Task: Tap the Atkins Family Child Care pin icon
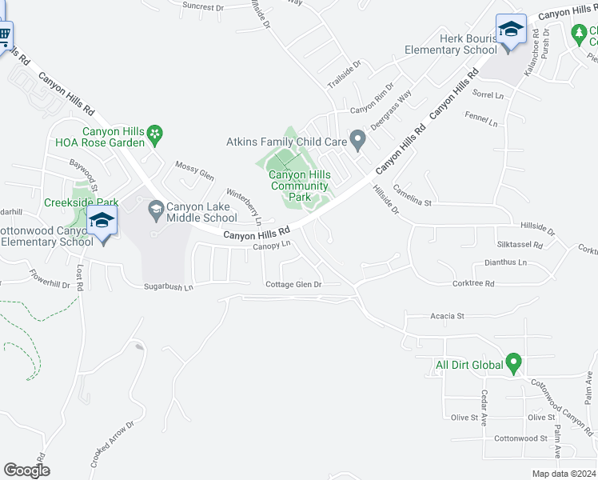click(358, 142)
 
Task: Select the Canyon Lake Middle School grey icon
click(155, 212)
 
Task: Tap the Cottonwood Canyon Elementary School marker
click(102, 221)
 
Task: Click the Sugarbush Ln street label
click(169, 286)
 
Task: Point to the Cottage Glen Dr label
click(293, 284)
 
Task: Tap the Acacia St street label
click(448, 316)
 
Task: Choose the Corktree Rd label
click(473, 282)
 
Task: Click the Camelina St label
click(433, 203)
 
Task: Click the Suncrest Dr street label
click(203, 6)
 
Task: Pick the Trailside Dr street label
click(345, 73)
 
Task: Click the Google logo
click(26, 470)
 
